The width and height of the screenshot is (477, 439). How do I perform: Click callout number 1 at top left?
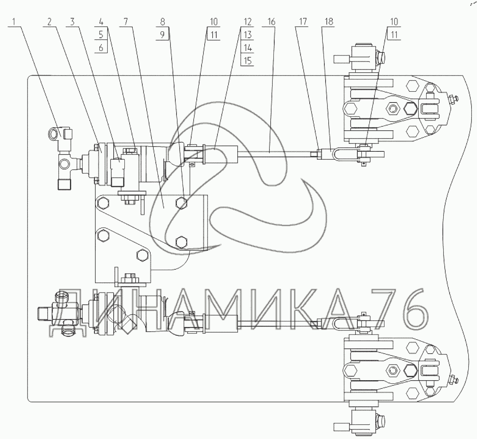pyautogui.click(x=14, y=22)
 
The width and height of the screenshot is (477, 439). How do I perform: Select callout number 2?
pyautogui.click(x=49, y=22)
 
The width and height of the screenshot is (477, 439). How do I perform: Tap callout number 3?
pyautogui.click(x=72, y=22)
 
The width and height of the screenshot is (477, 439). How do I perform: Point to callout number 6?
pyautogui.click(x=101, y=48)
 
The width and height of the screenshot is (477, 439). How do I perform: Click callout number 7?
pyautogui.click(x=125, y=22)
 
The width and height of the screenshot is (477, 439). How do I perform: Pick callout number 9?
pyautogui.click(x=163, y=35)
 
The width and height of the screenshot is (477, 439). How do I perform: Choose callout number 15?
pyautogui.click(x=248, y=61)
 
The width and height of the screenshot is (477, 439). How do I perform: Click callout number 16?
pyautogui.click(x=271, y=22)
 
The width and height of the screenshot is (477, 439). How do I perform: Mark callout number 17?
pyautogui.click(x=303, y=22)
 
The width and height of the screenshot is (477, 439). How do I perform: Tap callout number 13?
pyautogui.click(x=248, y=35)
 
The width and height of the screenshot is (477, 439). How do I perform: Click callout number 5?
pyautogui.click(x=101, y=35)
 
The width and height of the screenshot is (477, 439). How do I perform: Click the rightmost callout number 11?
pyautogui.click(x=394, y=35)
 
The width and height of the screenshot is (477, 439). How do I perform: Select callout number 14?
pyautogui.click(x=248, y=48)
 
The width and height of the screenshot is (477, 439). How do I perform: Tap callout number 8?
pyautogui.click(x=163, y=22)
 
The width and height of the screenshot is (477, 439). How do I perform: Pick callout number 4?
pyautogui.click(x=101, y=22)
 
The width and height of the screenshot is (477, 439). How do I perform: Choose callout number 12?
pyautogui.click(x=248, y=22)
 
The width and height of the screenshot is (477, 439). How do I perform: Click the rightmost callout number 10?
pyautogui.click(x=394, y=22)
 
